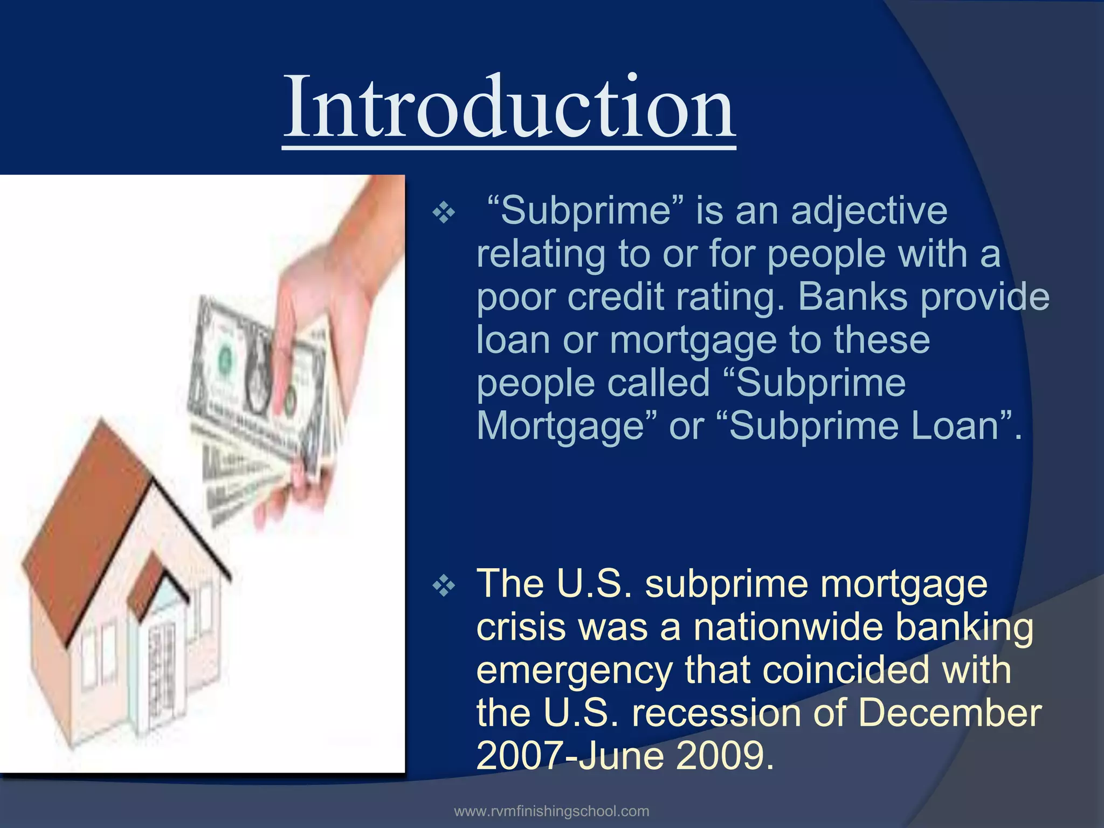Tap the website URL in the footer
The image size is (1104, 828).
551,811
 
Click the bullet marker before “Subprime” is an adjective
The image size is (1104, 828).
444,214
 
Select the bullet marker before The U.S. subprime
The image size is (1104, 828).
444,586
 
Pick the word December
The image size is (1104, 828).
949,713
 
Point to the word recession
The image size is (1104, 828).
717,713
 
